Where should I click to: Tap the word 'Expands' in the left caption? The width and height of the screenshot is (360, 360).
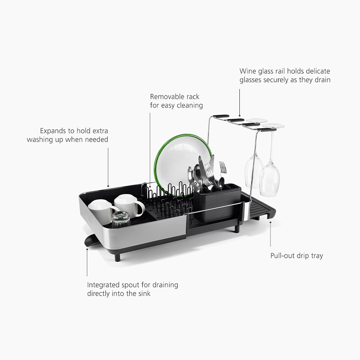53,131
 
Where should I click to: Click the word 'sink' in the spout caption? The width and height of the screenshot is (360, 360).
144,294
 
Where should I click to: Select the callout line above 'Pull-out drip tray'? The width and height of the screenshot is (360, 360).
270,234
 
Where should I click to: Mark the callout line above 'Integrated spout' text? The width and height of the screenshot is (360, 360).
87,262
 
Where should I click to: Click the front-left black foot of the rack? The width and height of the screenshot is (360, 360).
117,257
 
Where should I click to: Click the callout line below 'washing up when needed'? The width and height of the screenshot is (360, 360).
108,167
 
